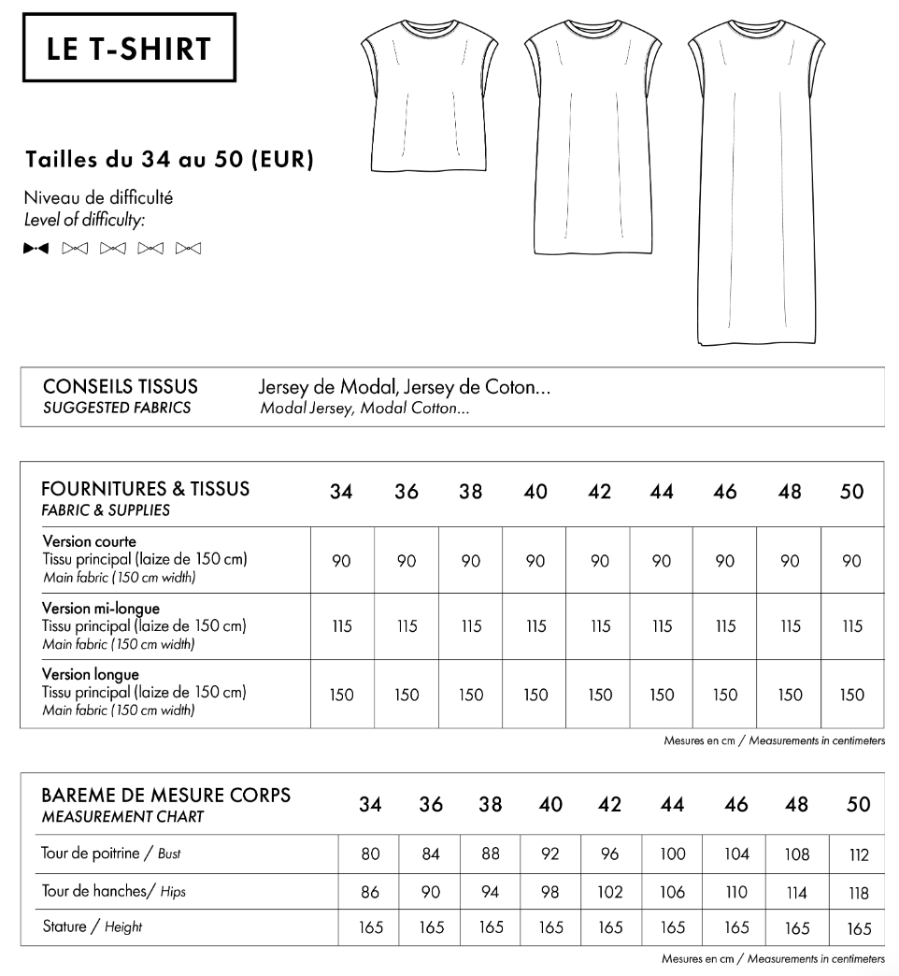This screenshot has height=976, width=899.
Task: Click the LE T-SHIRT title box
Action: point(129,49)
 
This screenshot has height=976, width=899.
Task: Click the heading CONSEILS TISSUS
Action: point(121,387)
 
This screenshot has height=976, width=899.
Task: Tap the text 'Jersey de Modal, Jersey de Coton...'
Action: point(403,388)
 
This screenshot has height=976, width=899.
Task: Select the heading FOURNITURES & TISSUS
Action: point(147,489)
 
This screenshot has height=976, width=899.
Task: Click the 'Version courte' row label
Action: point(90,541)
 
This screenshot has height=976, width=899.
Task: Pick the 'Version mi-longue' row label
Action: point(102,609)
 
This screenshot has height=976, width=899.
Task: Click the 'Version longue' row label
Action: point(92,675)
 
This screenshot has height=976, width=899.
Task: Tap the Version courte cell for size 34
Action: point(341,561)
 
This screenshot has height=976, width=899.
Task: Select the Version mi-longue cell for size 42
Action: point(599,627)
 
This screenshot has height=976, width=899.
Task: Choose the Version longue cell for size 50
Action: point(851,695)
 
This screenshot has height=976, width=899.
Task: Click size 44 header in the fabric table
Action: point(662,492)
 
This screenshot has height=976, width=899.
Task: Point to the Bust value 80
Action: point(369,854)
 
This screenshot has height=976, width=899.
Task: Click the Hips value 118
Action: point(859,893)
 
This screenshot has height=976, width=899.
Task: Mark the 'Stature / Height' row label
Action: point(92,927)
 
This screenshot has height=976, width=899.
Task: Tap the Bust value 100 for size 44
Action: point(672,854)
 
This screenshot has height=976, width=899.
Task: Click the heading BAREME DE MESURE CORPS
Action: point(166,796)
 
